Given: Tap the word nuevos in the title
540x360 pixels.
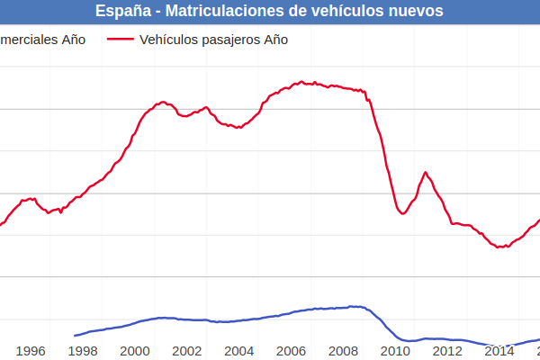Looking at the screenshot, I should [414, 11].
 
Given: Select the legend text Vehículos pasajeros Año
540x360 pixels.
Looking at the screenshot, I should [214, 40].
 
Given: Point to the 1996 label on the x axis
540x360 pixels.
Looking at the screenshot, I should [31, 351].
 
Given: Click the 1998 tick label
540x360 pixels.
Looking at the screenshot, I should [83, 351].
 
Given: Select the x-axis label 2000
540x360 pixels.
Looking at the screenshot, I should [135, 351].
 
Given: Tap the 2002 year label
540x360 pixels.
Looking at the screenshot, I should [186, 351].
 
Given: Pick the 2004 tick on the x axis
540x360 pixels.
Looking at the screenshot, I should [238, 351].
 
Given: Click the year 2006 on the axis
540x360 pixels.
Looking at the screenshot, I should [291, 351].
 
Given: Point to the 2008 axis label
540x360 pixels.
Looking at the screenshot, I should [343, 351].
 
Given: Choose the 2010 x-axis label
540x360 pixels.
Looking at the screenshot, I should [395, 351].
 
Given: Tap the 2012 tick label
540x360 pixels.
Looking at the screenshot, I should [447, 351].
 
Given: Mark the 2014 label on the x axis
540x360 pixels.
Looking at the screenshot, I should [499, 351].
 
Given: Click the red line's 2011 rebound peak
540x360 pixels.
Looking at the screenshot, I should [426, 172].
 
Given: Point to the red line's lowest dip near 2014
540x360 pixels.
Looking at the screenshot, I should [499, 247].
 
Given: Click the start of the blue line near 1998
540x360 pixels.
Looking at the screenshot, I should [75, 336].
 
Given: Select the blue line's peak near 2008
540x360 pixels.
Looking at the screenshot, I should [355, 307].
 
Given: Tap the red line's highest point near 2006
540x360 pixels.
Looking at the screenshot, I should [301, 82].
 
